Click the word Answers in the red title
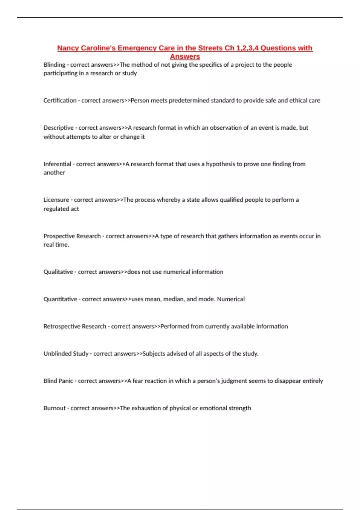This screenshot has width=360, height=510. pos(185,56)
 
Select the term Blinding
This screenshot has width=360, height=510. pos(54,65)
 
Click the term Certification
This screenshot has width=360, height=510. pos(60,100)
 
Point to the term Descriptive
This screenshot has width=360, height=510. pos(58,128)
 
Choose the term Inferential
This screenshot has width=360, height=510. pos(57,164)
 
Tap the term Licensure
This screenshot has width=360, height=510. pos(56,200)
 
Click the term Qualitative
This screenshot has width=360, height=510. pos(58,272)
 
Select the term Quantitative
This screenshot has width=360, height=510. pos(60,299)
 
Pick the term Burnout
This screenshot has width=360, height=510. pos(55,408)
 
